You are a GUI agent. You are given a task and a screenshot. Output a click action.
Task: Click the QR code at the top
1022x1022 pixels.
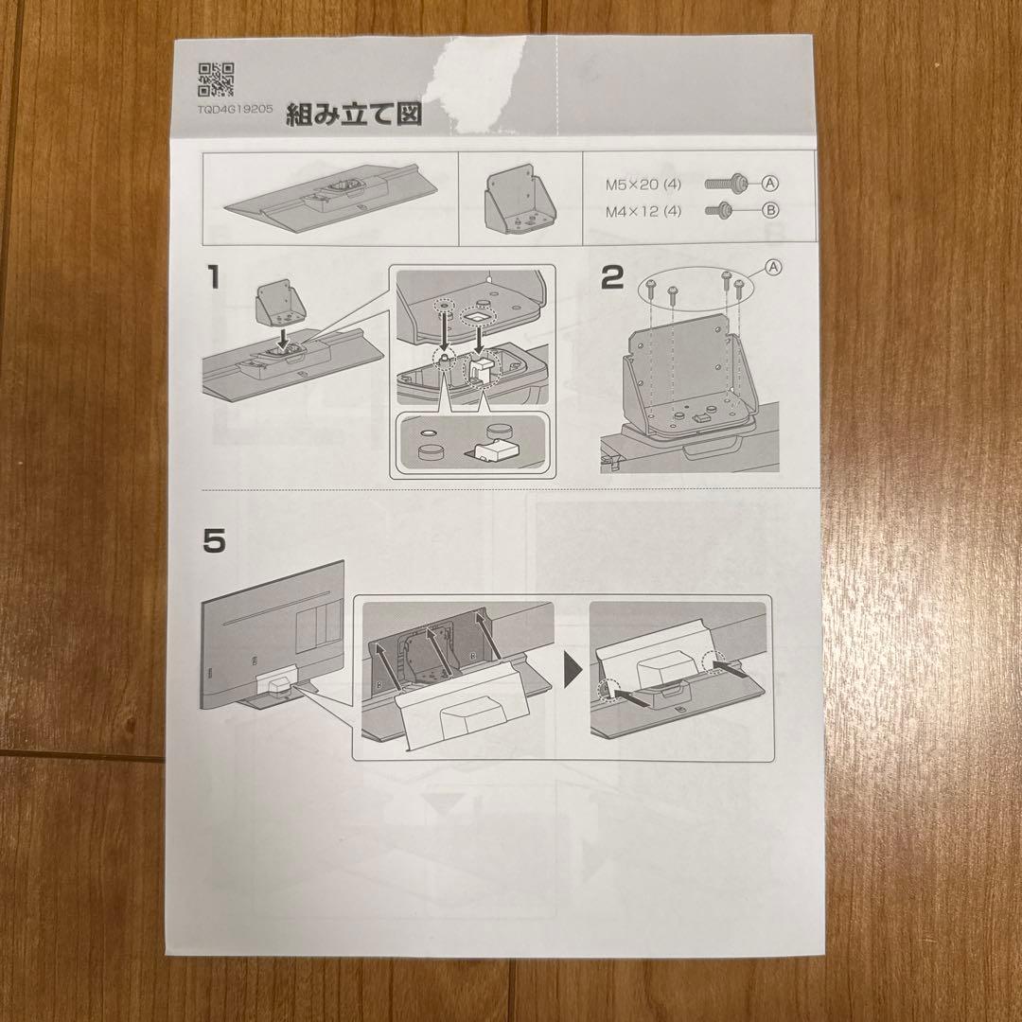(216, 79)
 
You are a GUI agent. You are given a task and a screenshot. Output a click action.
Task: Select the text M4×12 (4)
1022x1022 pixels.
(643, 212)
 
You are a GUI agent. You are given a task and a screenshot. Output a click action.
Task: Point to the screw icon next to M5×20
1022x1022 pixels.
(727, 183)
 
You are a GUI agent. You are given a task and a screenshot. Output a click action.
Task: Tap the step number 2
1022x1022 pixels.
(613, 277)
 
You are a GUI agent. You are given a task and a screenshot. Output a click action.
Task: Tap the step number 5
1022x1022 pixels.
(215, 541)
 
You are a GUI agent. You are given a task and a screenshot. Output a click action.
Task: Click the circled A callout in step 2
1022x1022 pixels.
(773, 268)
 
